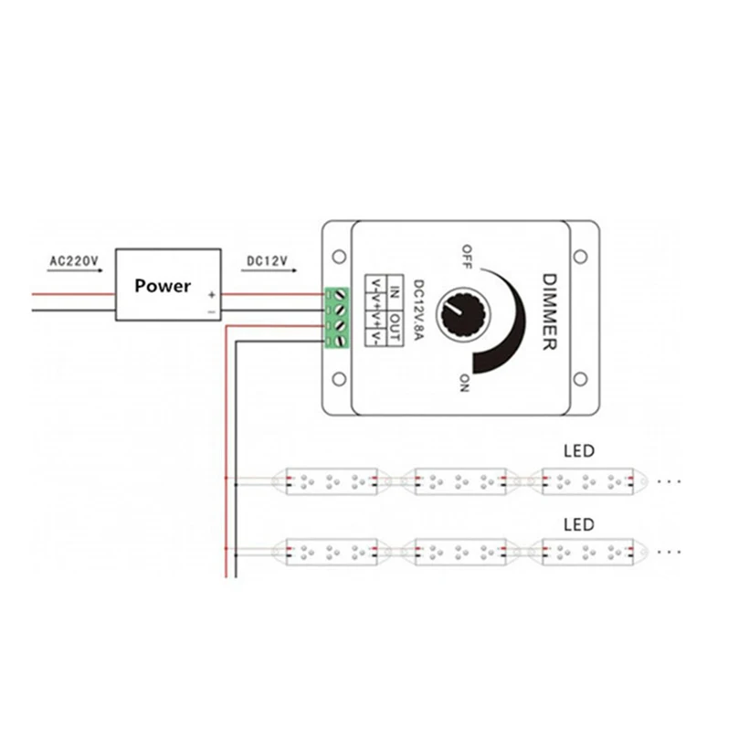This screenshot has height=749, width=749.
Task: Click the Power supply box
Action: point(167,284)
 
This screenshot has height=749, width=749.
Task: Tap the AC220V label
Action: point(73,262)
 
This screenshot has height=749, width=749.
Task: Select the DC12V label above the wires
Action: point(267,262)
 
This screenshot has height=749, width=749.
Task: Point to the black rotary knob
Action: point(457,316)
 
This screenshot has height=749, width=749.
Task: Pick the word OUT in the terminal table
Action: point(396,327)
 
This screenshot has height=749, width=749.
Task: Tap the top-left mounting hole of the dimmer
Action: point(338,255)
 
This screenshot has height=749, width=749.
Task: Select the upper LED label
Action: point(579,450)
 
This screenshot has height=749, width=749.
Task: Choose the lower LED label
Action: point(579,525)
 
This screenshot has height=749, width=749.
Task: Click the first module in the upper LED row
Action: point(331,480)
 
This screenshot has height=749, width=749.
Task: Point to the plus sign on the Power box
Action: point(211,295)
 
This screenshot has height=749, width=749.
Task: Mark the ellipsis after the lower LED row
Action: point(670,553)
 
